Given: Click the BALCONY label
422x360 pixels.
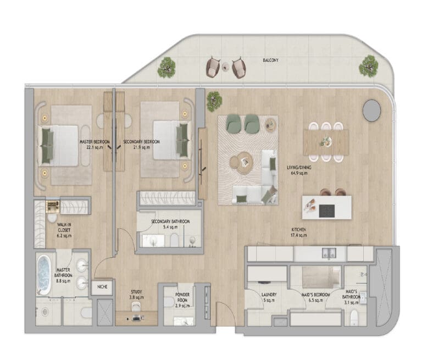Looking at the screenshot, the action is [x=270, y=60].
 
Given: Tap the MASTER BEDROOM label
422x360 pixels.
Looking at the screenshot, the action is [x=95, y=142].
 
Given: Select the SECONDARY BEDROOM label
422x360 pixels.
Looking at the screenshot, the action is [x=142, y=142].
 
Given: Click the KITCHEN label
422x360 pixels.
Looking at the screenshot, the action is [x=299, y=230].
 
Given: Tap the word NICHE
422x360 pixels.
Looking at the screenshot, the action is [x=102, y=287].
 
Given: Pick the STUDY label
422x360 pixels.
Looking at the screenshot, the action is [x=136, y=292].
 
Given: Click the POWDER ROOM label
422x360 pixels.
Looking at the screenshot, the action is [x=182, y=297].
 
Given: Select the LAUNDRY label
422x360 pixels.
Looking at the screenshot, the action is [x=269, y=295].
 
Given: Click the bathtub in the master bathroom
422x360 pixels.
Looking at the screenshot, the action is [x=43, y=275].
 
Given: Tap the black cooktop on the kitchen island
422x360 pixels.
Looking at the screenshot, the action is [x=327, y=211].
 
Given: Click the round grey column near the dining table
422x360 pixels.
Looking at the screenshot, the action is [x=371, y=110].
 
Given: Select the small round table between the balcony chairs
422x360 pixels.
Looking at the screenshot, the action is [x=225, y=67].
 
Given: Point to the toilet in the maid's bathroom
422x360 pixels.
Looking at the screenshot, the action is [x=354, y=317].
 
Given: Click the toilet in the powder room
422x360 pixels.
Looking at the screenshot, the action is [x=169, y=302].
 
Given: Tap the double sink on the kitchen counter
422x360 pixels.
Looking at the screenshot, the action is [x=329, y=253].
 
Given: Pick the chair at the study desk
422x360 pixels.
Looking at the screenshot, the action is [x=136, y=307].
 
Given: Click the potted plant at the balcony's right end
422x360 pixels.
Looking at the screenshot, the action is [x=369, y=67].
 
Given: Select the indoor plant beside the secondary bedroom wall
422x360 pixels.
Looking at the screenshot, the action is [x=214, y=101].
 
